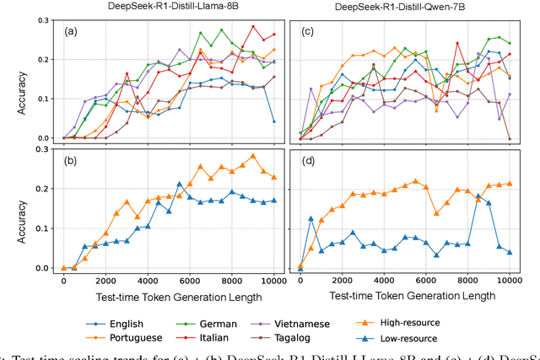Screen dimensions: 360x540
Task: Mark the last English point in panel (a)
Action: (x=274, y=121)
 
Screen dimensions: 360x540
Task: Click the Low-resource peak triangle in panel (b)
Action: (x=179, y=184)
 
